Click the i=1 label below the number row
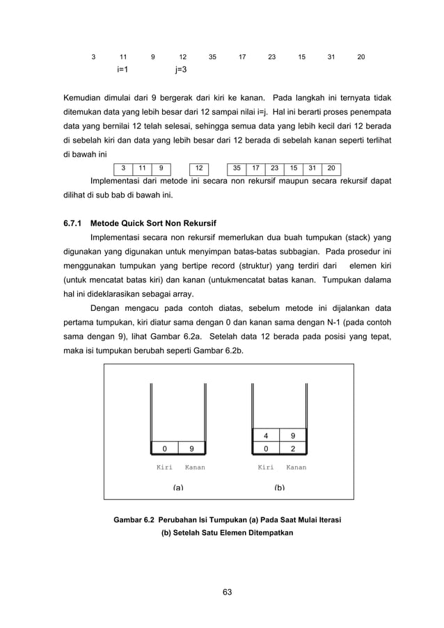click(122, 70)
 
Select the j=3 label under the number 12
click(180, 70)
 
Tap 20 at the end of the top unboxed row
click(360, 56)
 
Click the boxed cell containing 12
click(199, 168)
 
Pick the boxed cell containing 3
click(123, 168)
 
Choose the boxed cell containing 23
click(274, 168)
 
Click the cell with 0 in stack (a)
click(164, 449)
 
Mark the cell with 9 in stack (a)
click(192, 449)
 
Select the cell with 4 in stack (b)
click(265, 436)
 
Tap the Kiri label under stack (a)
click(164, 467)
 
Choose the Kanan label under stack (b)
click(296, 467)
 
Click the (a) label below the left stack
click(178, 488)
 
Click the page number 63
click(227, 592)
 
